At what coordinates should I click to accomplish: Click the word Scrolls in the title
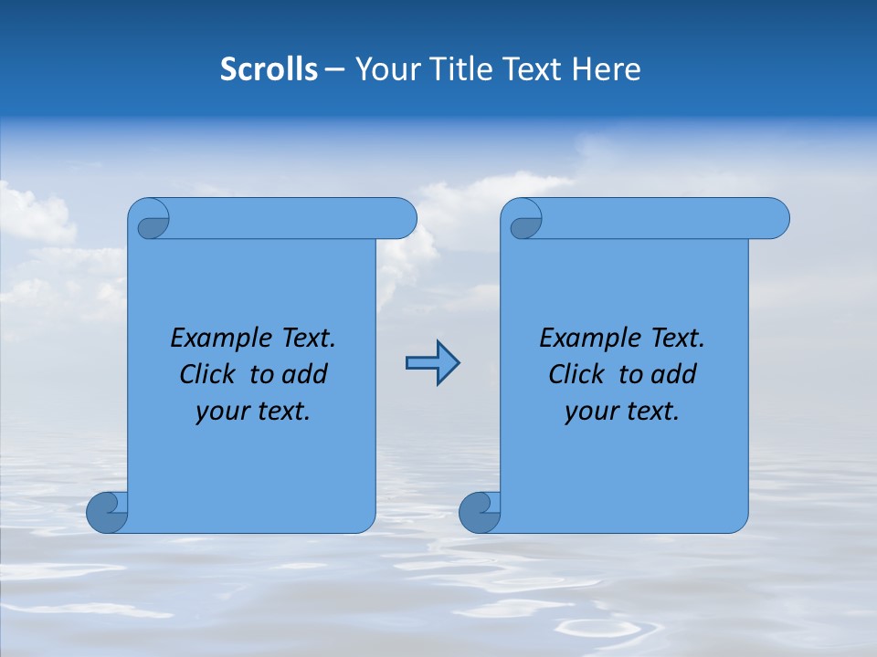(x=269, y=69)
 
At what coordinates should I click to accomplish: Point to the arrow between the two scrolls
(x=432, y=363)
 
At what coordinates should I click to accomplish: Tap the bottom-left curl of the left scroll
(x=107, y=513)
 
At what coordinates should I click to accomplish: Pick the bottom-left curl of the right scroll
(x=479, y=513)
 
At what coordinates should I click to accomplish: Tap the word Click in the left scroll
(x=206, y=374)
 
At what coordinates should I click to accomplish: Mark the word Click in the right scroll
(x=576, y=374)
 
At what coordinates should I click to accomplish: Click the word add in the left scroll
(x=305, y=374)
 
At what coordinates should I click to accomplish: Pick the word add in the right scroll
(x=674, y=374)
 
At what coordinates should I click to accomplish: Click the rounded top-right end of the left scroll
(x=402, y=218)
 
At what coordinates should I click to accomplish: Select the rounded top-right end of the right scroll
(x=775, y=218)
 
